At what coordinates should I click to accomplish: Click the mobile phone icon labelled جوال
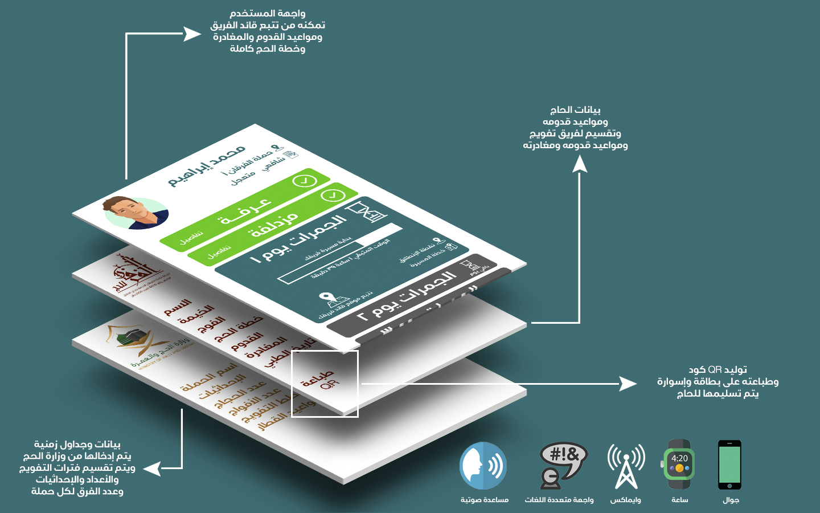[x=729, y=465]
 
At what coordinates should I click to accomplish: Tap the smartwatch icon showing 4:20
[x=679, y=465]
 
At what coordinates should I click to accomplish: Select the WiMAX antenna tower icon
[x=626, y=466]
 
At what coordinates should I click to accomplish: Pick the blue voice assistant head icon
[x=483, y=466]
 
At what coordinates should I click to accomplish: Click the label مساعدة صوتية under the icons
[x=485, y=500]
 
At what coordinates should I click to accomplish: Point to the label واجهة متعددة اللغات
[x=559, y=500]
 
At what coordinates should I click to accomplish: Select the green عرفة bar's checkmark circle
[x=304, y=181]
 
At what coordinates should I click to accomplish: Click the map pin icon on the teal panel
[x=326, y=298]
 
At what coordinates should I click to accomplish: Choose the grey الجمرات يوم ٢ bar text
[x=407, y=296]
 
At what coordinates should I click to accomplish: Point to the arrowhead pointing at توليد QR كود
[x=629, y=384]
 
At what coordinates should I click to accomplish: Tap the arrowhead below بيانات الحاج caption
[x=580, y=164]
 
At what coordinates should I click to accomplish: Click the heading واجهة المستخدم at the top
[x=268, y=13]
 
